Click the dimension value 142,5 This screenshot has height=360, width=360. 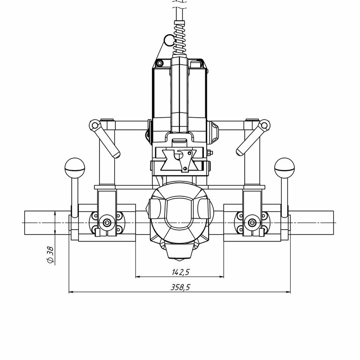180,271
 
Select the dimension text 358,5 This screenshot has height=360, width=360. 180,287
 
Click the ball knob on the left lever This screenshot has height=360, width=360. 74,165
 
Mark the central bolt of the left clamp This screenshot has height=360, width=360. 108,222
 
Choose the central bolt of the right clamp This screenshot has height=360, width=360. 252,222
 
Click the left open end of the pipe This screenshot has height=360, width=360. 25,222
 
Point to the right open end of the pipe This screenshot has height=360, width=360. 333,222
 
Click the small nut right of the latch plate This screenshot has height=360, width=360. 210,152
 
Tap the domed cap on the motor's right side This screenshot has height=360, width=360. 215,131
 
